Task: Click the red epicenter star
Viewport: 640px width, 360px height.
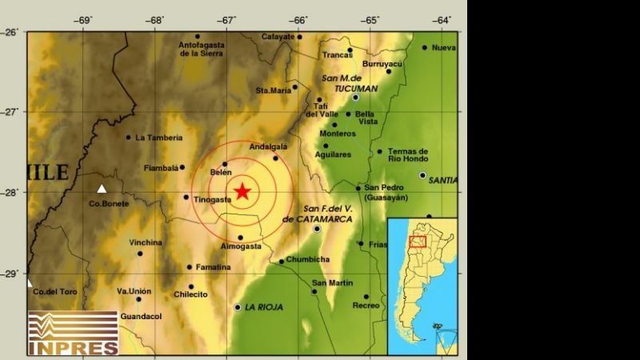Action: point(242,190)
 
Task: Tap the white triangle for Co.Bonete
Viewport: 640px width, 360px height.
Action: point(102,189)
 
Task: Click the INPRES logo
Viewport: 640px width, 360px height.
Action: point(73,332)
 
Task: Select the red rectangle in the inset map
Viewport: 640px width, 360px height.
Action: point(417,241)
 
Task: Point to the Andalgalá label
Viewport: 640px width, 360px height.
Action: point(268,146)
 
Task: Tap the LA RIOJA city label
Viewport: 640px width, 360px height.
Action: point(264,307)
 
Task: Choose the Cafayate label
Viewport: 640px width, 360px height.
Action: point(278,37)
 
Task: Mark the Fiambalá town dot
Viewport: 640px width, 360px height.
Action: point(182,167)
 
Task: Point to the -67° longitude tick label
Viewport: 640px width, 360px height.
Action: point(227,19)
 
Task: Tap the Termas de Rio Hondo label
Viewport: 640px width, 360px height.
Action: point(407,155)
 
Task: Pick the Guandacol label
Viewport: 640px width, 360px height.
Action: point(140,317)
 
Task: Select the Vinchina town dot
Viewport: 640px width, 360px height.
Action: point(140,254)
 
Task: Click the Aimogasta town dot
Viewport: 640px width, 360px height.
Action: point(240,238)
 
